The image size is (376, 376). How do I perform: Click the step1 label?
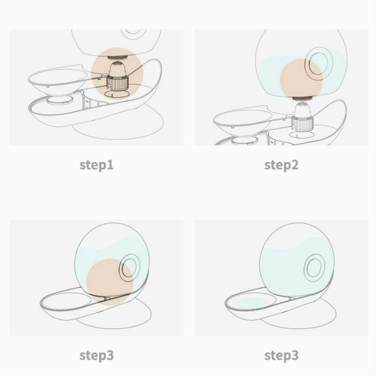coord(97,165)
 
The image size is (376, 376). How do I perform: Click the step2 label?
coord(281,165)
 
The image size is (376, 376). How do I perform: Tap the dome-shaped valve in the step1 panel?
coord(117,68)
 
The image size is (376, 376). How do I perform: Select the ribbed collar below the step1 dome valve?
coord(118,83)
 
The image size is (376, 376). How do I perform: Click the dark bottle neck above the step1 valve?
coord(117,57)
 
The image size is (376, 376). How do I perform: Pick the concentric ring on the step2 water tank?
coord(318,63)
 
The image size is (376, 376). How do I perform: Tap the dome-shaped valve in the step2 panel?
coord(302,110)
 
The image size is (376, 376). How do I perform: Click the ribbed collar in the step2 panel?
coord(303,124)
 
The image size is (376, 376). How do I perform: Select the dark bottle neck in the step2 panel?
coord(302,98)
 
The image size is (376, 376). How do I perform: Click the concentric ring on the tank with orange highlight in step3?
coord(130,267)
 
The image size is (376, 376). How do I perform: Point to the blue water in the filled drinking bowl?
coord(251,303)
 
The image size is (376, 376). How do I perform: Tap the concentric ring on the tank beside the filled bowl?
coord(315,267)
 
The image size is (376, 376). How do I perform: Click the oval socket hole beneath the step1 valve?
coord(117,94)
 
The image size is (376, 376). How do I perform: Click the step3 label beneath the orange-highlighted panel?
coord(97,355)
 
